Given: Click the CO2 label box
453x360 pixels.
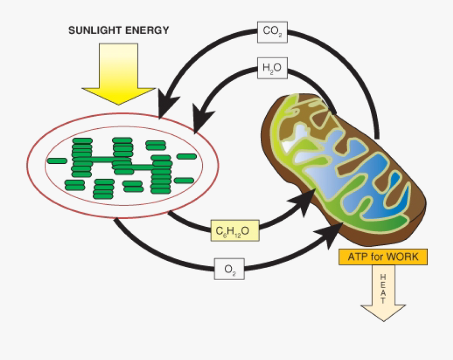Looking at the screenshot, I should [x=272, y=31].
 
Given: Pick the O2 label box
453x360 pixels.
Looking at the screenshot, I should [x=230, y=269].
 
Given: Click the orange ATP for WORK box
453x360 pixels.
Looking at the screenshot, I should [x=383, y=257].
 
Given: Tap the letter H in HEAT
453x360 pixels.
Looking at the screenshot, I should [x=383, y=277].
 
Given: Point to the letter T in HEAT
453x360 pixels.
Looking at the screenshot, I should [x=383, y=301].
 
